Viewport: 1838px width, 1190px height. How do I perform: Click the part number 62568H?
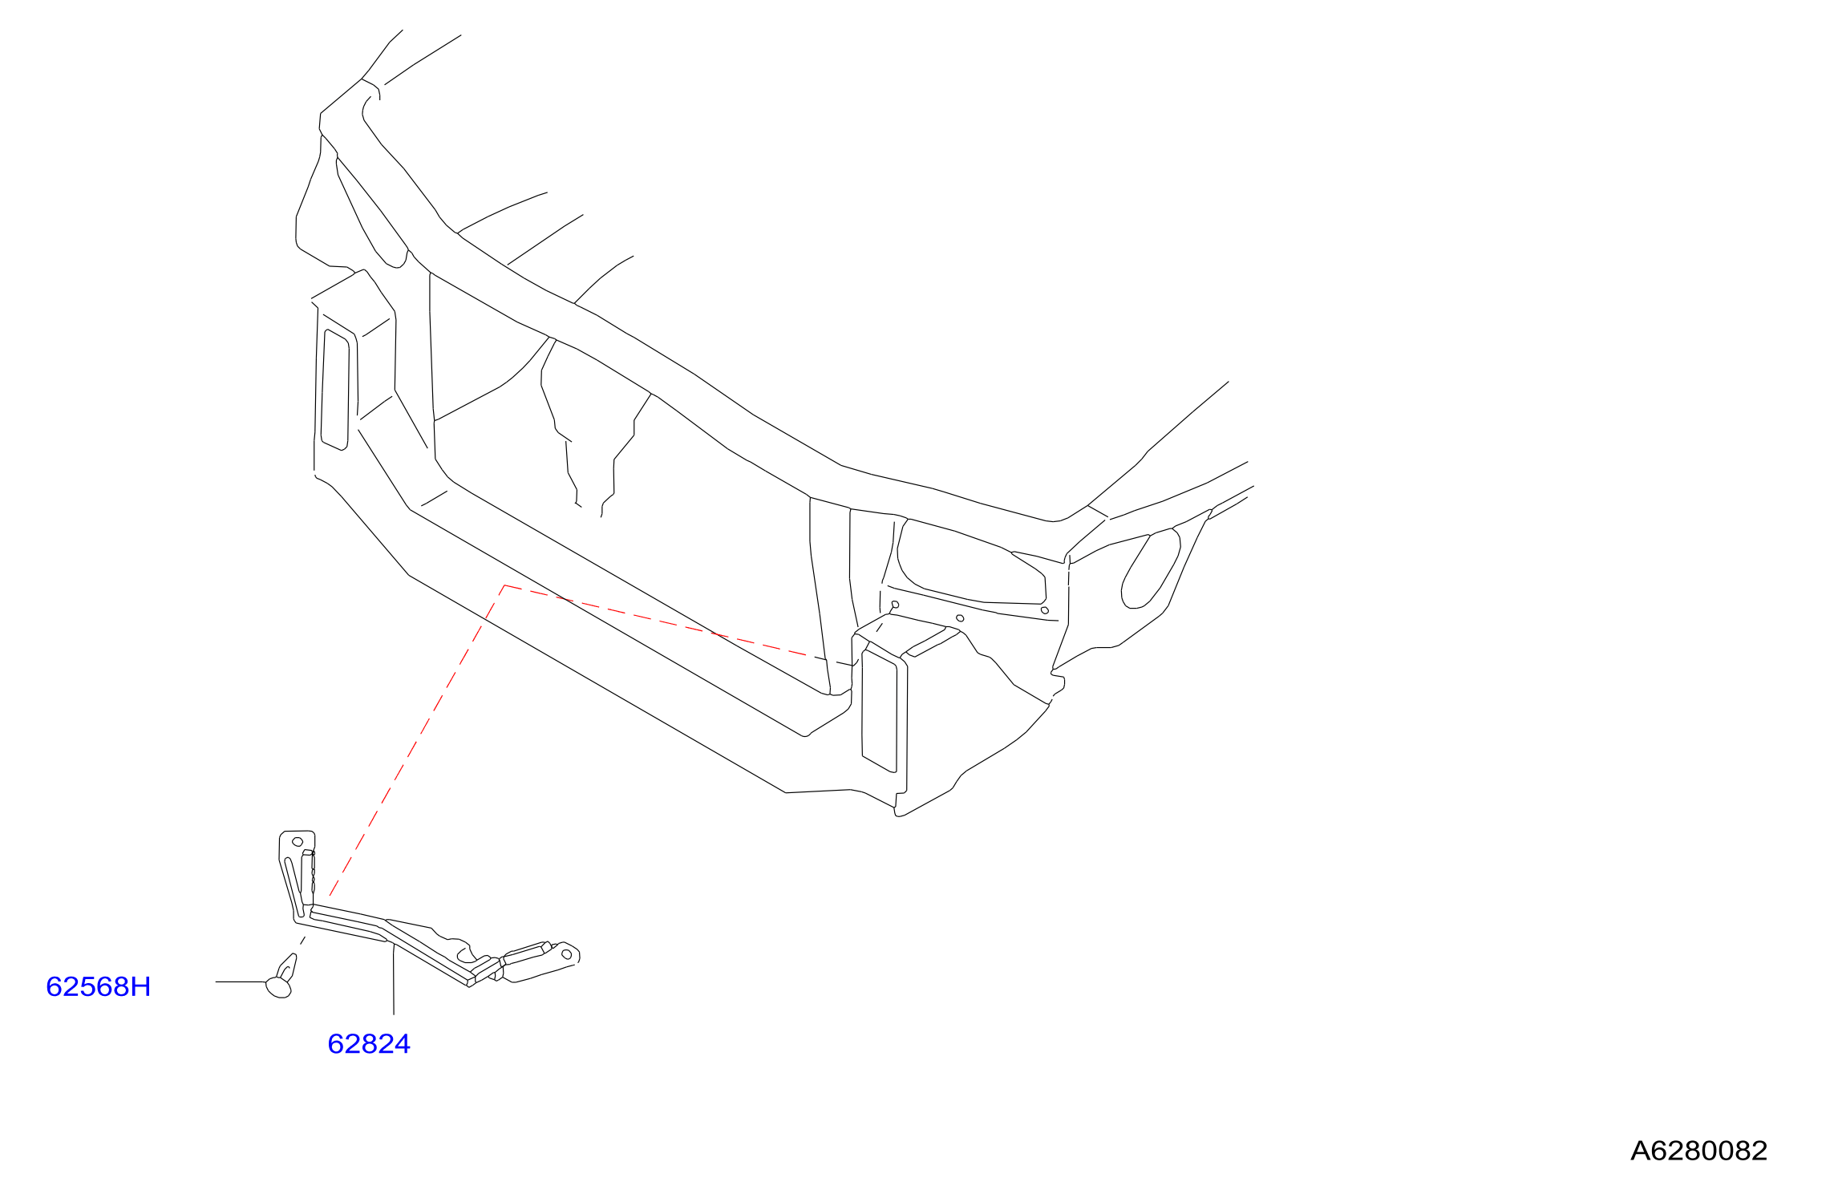[98, 986]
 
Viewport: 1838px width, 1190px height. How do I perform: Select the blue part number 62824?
[369, 1044]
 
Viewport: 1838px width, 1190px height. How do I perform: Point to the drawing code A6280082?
[1698, 1151]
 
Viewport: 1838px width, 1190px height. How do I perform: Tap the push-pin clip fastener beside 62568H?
[281, 977]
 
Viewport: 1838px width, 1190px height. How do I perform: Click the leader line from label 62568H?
[241, 982]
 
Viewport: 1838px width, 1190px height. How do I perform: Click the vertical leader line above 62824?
[394, 980]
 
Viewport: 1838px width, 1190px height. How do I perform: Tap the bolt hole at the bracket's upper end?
[298, 842]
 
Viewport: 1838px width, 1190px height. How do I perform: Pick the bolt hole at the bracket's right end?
[566, 954]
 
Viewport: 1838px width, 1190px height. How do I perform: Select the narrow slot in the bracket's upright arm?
[294, 888]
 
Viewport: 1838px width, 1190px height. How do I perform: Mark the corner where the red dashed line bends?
[504, 585]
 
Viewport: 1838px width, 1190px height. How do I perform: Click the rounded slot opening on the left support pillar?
[335, 390]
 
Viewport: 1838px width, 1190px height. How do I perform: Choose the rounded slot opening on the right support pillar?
[879, 710]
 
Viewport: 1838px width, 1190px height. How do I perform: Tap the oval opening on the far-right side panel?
[1151, 569]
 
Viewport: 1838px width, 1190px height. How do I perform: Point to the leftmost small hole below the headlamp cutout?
[895, 605]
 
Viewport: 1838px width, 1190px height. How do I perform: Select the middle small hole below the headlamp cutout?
[960, 618]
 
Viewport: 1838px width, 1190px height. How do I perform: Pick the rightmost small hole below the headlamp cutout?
[1044, 610]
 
